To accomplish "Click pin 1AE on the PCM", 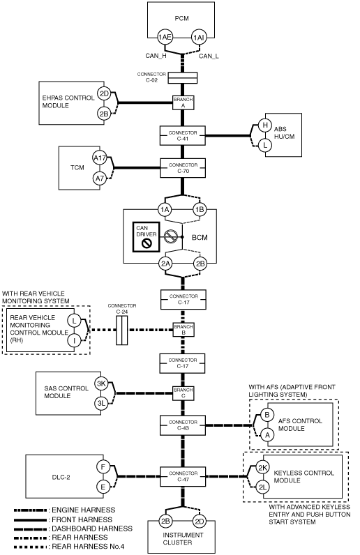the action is (165, 37).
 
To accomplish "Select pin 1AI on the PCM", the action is (198, 37).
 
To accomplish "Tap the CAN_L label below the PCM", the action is (209, 56).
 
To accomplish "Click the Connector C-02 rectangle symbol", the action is (183, 77).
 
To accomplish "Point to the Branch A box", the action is (183, 102).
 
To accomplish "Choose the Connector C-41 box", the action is (183, 135).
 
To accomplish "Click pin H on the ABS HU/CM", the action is (265, 125).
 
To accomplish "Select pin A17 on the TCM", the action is (100, 158).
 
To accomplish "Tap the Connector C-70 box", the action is (183, 168).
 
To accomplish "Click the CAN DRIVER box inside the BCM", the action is (147, 237).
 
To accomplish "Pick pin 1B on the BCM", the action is (200, 210).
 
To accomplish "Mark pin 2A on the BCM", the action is (165, 264).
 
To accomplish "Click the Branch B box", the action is (183, 330).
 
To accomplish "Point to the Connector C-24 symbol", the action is (121, 330).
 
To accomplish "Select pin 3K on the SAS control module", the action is (101, 383).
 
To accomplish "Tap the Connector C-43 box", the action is (183, 425).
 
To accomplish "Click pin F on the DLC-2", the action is (103, 467).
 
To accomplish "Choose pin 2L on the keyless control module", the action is (262, 487).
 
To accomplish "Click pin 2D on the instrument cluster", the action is (200, 521).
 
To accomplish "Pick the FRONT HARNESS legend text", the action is (82, 519).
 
